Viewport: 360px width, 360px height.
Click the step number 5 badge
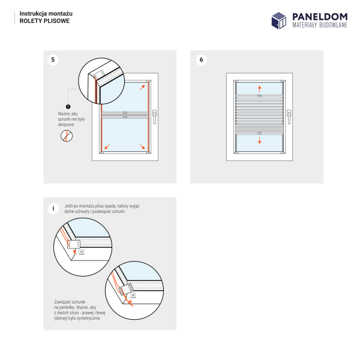(53, 59)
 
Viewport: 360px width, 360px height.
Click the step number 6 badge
(201, 59)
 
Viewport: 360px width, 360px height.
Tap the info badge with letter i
(53, 208)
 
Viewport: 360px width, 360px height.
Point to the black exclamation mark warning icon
(68, 106)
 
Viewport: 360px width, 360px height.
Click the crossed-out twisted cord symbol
(67, 136)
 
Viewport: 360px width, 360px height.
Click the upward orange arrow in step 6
(259, 88)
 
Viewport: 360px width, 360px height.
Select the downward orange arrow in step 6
(259, 140)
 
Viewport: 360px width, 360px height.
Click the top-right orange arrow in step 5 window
(143, 87)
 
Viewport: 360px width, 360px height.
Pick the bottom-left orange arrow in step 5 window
(106, 146)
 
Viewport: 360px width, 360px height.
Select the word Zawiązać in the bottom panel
(64, 302)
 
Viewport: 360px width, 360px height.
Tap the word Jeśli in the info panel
(68, 206)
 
